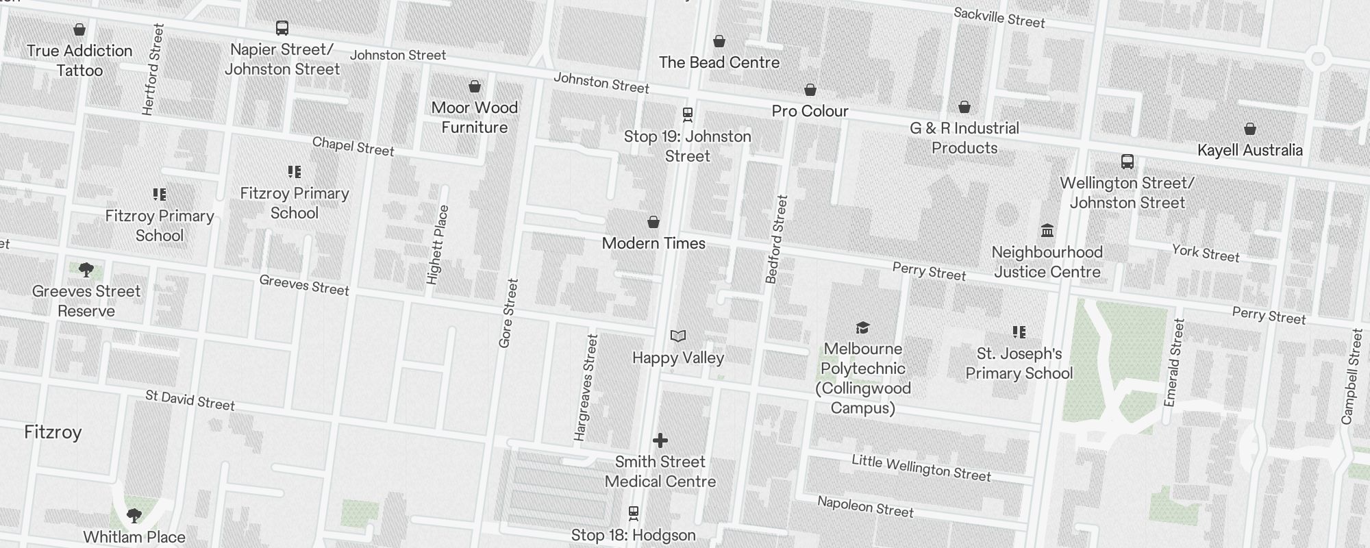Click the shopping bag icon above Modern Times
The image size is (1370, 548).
653,222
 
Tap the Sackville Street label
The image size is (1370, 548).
999,17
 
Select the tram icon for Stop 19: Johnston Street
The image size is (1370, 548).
688,114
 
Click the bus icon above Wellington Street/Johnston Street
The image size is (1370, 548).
1127,162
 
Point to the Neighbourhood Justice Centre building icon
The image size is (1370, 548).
1047,230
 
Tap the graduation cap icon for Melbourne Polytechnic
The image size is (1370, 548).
862,327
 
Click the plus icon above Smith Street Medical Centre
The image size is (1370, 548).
660,440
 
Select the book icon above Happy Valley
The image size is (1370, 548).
677,336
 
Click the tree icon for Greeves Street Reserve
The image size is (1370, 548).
86,270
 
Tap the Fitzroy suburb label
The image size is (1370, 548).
53,432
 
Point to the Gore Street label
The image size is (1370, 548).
508,313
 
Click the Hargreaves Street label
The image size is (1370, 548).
586,387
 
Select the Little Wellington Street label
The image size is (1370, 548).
921,468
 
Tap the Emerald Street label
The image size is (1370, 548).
1174,362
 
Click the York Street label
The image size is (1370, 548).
1205,253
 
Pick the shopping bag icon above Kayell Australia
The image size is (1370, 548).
1249,129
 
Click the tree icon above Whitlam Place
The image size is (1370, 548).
134,515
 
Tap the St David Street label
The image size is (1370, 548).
190,400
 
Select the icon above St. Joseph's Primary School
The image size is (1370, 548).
1019,332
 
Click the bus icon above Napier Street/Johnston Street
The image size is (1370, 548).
282,28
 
